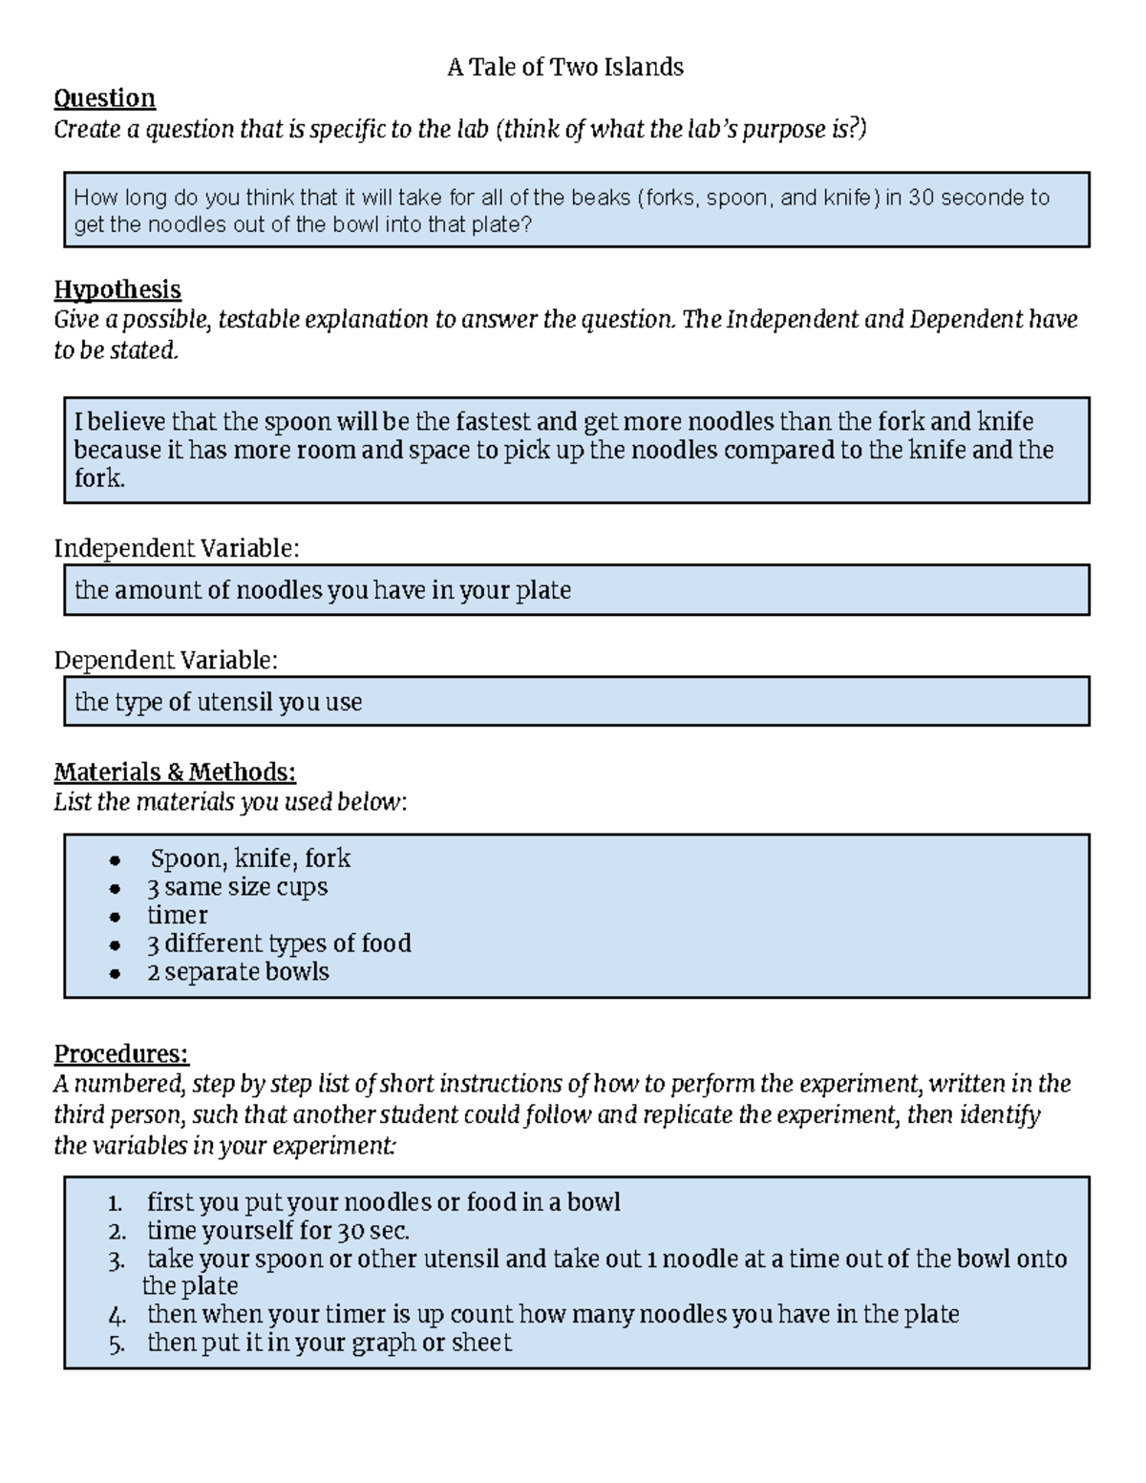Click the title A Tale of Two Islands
pos(565,67)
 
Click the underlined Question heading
pos(104,98)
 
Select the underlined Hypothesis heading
pos(117,289)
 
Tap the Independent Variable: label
pos(177,548)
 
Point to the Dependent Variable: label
pos(166,661)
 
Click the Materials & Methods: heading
pos(175,772)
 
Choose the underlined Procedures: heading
pos(121,1053)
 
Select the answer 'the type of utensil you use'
pos(219,702)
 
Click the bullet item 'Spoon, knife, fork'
pos(250,858)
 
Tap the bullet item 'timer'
pos(177,915)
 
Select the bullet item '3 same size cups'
pos(237,887)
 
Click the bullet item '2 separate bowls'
pos(238,971)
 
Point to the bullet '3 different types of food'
pos(279,943)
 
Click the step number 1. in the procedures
pos(116,1203)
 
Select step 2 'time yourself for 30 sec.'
pos(278,1230)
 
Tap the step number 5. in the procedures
pos(117,1345)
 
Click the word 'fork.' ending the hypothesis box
pos(99,478)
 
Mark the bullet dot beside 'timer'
pos(115,917)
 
